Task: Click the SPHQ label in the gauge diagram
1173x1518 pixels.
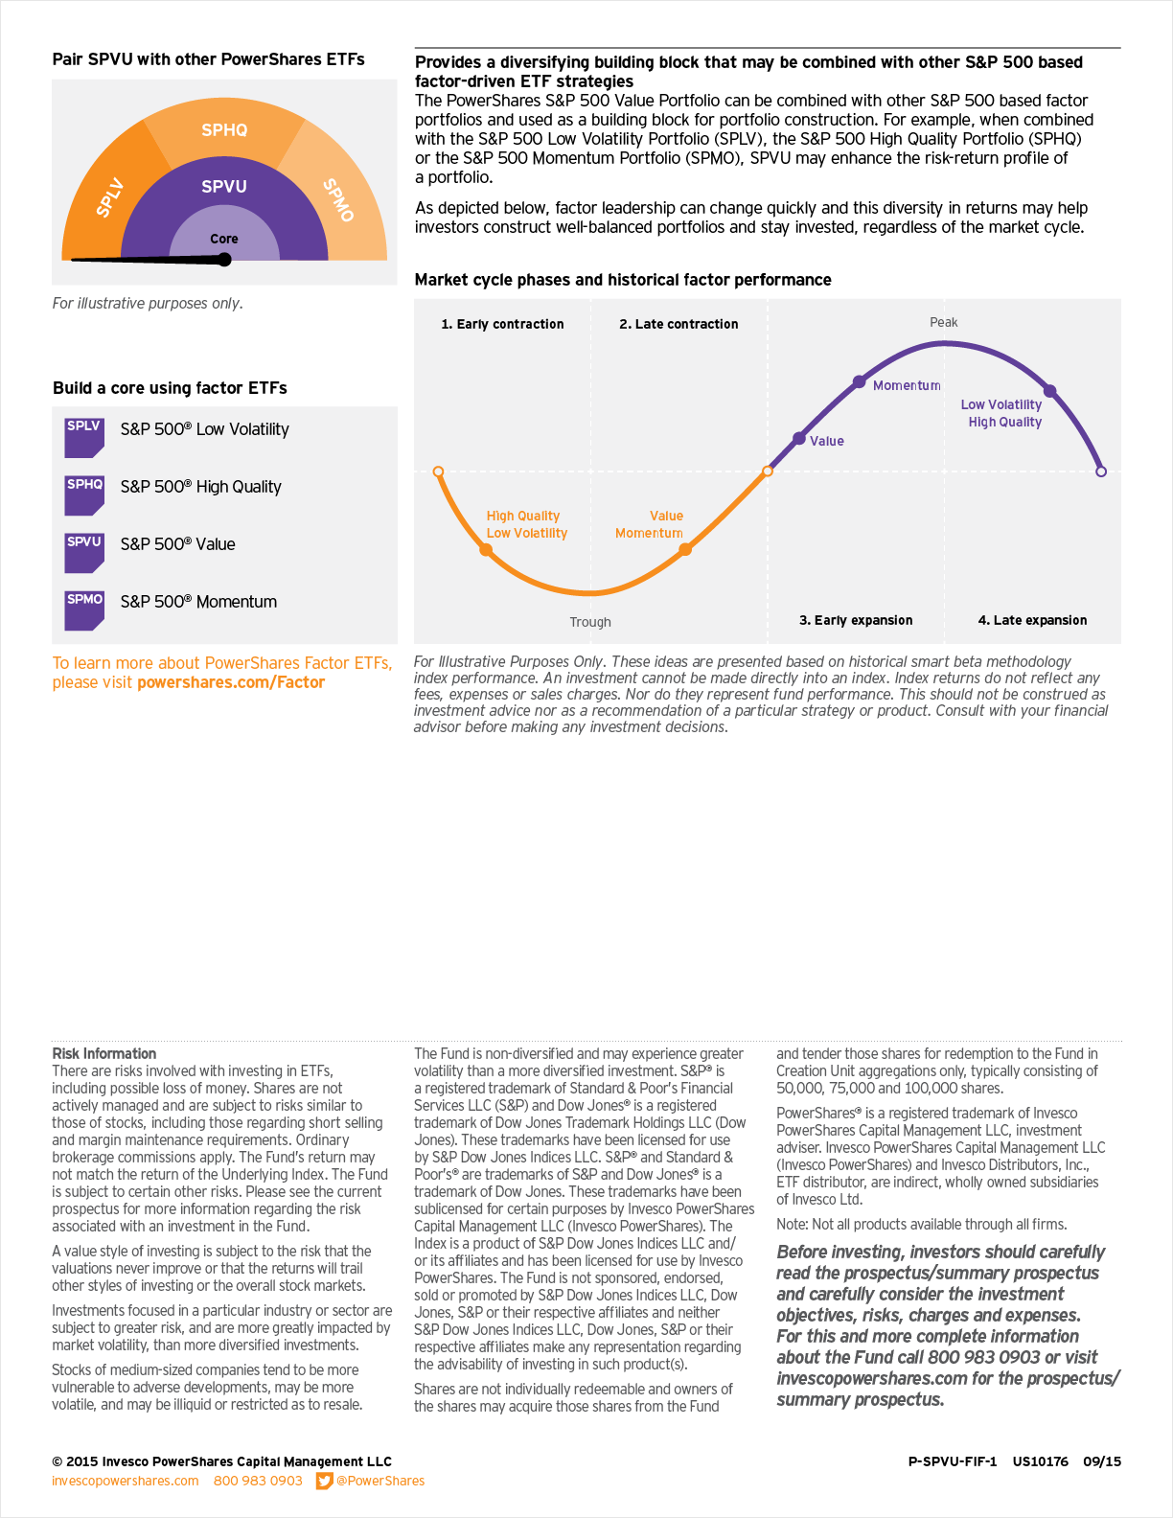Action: (224, 130)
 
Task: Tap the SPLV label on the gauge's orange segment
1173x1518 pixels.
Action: (110, 196)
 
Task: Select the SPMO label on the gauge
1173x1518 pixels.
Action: (338, 199)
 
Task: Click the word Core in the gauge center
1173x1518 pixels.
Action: (224, 239)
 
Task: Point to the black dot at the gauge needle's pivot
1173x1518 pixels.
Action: (224, 260)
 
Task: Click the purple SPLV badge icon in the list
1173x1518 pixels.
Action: (84, 436)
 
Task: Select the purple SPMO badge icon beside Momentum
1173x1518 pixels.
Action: (84, 609)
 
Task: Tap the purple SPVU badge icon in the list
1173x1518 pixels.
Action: (84, 552)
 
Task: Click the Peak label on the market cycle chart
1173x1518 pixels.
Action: (943, 322)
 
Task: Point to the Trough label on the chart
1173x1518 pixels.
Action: (590, 622)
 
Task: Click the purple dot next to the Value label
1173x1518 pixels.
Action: (799, 439)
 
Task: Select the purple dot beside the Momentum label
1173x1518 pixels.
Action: (860, 382)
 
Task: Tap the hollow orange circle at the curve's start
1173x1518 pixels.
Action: (438, 471)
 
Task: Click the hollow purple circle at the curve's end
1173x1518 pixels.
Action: (1101, 471)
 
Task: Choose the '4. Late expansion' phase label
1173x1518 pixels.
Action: (1032, 620)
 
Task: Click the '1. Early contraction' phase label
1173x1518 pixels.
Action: (502, 324)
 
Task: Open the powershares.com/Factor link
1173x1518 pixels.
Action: (231, 682)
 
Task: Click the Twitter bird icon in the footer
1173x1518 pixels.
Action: (325, 1481)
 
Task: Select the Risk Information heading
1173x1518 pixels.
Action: (103, 1053)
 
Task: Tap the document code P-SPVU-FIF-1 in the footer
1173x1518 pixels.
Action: (952, 1461)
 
